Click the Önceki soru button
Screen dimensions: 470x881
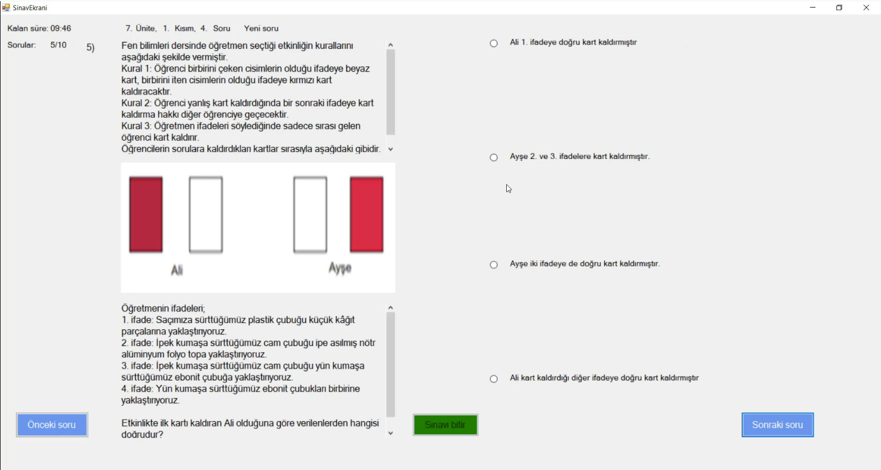click(x=52, y=425)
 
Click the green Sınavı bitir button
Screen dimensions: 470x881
click(x=446, y=425)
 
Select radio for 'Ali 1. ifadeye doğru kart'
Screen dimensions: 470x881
click(x=494, y=44)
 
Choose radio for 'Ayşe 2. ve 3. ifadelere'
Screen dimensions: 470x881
click(x=494, y=157)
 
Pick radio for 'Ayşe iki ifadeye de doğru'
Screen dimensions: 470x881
click(x=494, y=265)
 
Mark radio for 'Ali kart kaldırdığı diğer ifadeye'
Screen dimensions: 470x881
click(x=494, y=379)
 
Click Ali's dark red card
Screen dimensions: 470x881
click(x=146, y=215)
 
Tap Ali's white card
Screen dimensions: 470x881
click(x=206, y=215)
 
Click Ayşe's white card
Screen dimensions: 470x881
click(x=310, y=215)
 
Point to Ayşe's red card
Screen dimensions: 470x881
click(x=367, y=215)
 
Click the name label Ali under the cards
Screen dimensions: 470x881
click(x=177, y=270)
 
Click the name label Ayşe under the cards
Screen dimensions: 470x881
click(x=340, y=268)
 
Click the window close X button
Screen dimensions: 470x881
click(x=866, y=8)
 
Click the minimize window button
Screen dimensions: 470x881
click(x=813, y=8)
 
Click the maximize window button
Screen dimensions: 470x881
click(x=839, y=8)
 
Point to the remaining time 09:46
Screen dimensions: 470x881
click(x=61, y=28)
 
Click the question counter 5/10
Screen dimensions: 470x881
click(x=59, y=45)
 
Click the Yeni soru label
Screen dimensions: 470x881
click(x=261, y=28)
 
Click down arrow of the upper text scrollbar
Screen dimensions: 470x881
click(x=391, y=149)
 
